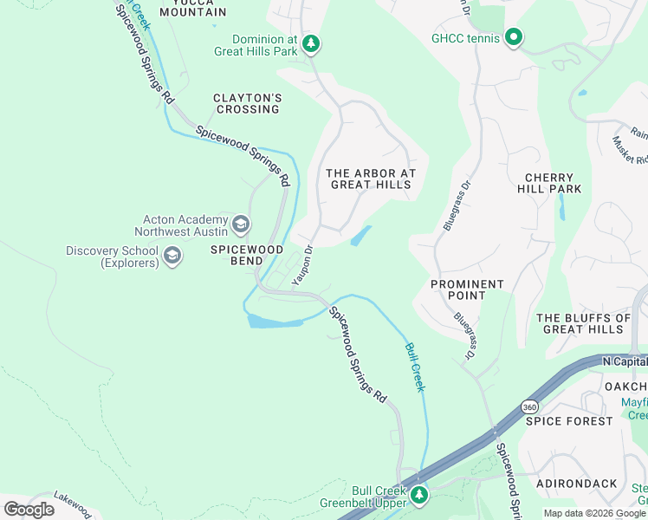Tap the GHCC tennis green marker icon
pyautogui.click(x=514, y=37)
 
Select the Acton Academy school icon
pyautogui.click(x=241, y=226)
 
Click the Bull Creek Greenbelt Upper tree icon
pyautogui.click(x=419, y=495)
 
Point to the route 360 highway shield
pyautogui.click(x=529, y=406)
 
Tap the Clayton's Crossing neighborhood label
pyautogui.click(x=247, y=103)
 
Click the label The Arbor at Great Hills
pyautogui.click(x=371, y=179)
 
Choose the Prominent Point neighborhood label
pyautogui.click(x=467, y=289)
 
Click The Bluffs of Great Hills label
pyautogui.click(x=584, y=323)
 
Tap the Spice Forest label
pyautogui.click(x=569, y=420)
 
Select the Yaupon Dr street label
pyautogui.click(x=301, y=266)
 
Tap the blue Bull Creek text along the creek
pyautogui.click(x=415, y=367)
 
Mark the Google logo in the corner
pyautogui.click(x=29, y=509)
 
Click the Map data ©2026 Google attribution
pyautogui.click(x=594, y=513)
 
